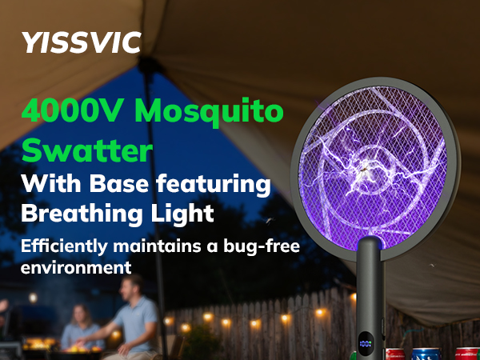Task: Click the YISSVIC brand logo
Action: pyautogui.click(x=82, y=41)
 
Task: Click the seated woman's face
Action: pyautogui.click(x=78, y=315)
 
